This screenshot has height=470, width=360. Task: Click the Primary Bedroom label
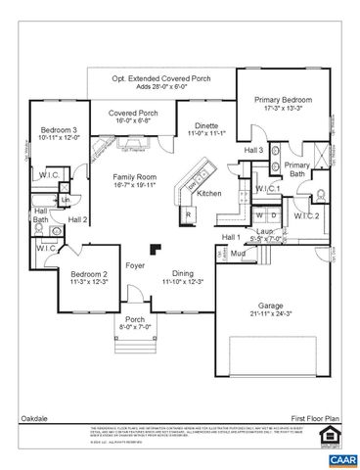point(283,100)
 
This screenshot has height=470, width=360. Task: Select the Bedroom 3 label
point(59,129)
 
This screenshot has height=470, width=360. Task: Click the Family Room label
point(134,175)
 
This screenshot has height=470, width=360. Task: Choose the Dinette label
point(204,124)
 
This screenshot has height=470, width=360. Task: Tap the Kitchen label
point(209,194)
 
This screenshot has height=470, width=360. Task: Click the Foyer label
point(135,264)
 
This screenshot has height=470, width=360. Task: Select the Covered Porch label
point(134,113)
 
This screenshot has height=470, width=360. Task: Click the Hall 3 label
point(253,150)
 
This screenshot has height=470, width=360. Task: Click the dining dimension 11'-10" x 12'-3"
point(182,282)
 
